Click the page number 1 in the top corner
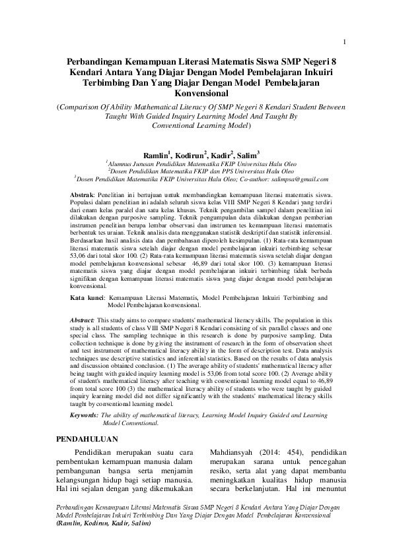click(345, 25)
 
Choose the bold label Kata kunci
click(87, 298)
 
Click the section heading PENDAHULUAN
click(86, 438)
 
